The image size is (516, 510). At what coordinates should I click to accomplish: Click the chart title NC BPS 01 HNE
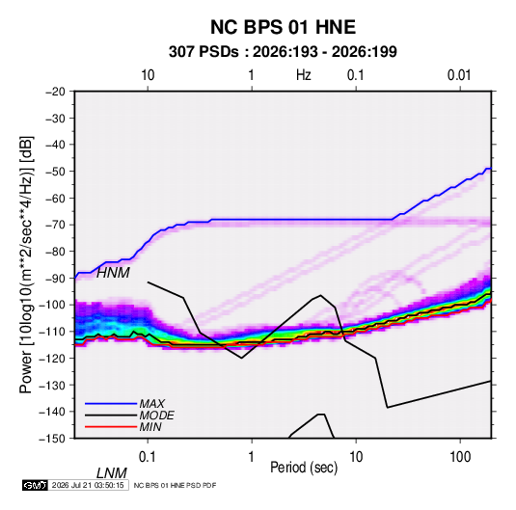click(283, 27)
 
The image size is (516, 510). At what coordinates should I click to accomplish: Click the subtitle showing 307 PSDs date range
click(283, 52)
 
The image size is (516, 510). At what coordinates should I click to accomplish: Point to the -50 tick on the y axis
click(55, 172)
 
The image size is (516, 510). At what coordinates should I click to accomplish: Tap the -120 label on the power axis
click(52, 359)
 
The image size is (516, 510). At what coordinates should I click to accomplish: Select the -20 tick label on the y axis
click(55, 92)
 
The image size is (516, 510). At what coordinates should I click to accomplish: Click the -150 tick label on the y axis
click(52, 439)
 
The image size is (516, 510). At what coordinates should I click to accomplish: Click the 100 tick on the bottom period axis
click(460, 457)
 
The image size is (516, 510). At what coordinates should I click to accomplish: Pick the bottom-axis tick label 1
click(252, 457)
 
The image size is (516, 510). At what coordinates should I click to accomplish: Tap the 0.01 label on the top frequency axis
click(459, 75)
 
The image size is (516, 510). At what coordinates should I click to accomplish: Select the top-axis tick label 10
click(148, 75)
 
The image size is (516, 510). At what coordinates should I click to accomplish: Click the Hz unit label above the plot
click(304, 75)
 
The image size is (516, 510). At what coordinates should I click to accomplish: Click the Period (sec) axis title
click(304, 468)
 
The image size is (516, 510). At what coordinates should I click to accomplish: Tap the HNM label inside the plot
click(113, 273)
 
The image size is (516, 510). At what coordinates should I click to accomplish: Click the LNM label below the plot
click(112, 473)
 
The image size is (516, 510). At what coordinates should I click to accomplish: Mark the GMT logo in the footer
click(35, 485)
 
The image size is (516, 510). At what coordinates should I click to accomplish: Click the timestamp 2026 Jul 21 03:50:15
click(88, 485)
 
